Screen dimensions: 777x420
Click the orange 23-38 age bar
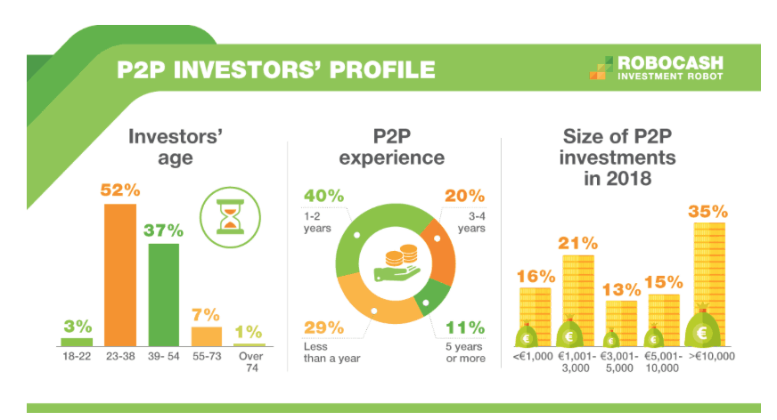pyautogui.click(x=120, y=275)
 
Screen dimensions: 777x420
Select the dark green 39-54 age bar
pyautogui.click(x=164, y=295)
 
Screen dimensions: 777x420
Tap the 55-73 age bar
pyautogui.click(x=207, y=336)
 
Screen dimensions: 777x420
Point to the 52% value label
pyautogui.click(x=120, y=190)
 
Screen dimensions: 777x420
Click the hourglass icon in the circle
pyautogui.click(x=231, y=217)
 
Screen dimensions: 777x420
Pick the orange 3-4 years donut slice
pyautogui.click(x=441, y=253)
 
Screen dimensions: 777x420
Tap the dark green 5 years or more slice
pyautogui.click(x=430, y=298)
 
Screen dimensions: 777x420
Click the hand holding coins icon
pyautogui.click(x=397, y=263)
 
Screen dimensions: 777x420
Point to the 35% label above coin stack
pyautogui.click(x=707, y=212)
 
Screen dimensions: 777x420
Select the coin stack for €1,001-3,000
pyautogui.click(x=578, y=300)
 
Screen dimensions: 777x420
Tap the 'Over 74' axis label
pyautogui.click(x=251, y=361)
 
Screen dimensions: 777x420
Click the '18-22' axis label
pyautogui.click(x=77, y=356)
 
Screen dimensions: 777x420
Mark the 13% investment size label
pyautogui.click(x=621, y=289)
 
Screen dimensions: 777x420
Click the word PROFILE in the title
pyautogui.click(x=382, y=69)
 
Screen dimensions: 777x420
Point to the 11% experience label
pyautogui.click(x=465, y=327)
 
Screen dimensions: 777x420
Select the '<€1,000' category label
pyautogui.click(x=533, y=356)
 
